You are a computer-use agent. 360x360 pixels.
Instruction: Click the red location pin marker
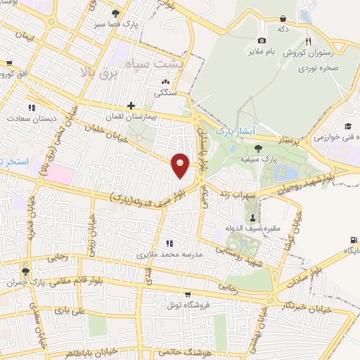181,166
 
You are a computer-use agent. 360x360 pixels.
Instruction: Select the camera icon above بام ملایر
262,41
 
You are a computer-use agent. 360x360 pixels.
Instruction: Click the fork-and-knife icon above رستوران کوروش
308,41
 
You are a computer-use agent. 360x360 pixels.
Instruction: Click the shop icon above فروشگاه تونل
186,295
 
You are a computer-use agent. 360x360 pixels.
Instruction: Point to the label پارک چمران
46,281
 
